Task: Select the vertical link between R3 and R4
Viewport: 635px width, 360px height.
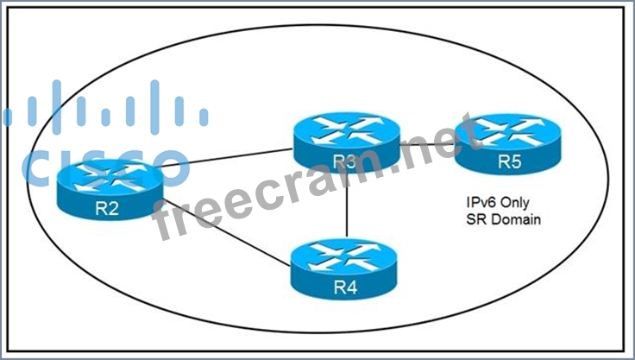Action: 346,212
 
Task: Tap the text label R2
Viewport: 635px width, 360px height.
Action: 110,209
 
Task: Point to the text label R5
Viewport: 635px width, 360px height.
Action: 508,161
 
